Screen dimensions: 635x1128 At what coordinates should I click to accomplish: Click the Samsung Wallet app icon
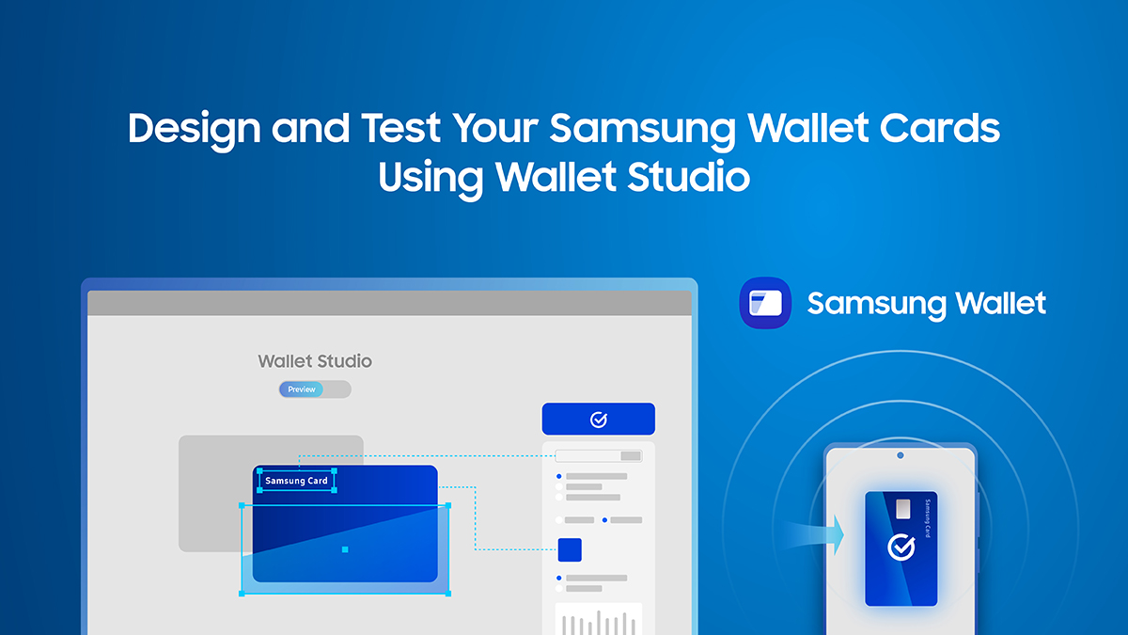(765, 303)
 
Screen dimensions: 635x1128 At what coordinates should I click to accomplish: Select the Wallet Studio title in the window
(315, 361)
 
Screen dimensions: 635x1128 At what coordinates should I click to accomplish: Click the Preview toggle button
(302, 389)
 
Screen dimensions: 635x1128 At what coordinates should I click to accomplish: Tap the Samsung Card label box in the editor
(296, 481)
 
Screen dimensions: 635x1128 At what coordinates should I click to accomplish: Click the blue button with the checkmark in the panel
(598, 420)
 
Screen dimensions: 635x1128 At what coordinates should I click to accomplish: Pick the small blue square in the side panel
(570, 549)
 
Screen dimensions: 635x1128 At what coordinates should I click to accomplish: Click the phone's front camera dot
(900, 455)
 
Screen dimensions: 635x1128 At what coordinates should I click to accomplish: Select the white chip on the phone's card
(903, 509)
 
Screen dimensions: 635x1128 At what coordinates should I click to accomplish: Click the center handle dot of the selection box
(345, 549)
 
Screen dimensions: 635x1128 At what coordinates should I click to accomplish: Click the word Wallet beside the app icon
(1000, 304)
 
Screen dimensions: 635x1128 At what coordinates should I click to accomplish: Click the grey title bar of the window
(389, 303)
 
